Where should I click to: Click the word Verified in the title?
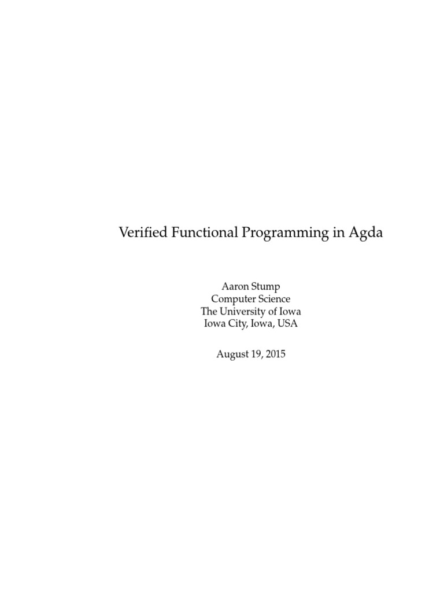click(142, 233)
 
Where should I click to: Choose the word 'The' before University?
click(209, 312)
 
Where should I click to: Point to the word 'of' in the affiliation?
click(276, 312)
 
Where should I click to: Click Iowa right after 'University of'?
click(293, 312)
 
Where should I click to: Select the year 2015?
click(275, 354)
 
